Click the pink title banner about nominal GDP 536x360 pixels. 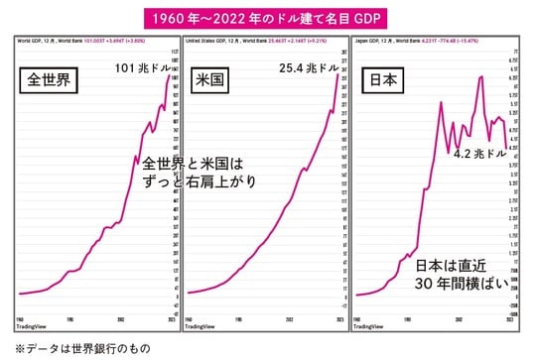pos(267,18)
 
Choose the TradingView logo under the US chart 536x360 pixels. pos(205,324)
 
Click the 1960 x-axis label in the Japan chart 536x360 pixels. pos(361,316)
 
